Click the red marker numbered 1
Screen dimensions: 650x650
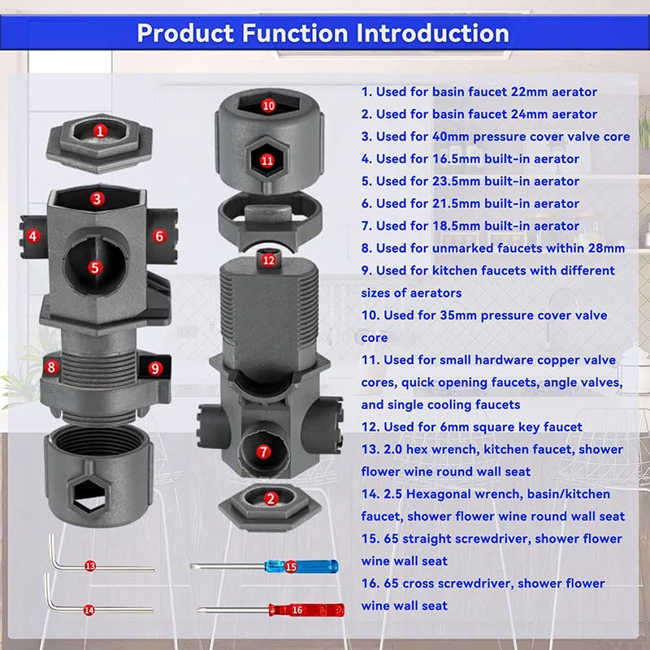(99, 132)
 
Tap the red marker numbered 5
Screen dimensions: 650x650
(95, 268)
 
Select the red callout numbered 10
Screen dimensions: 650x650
(268, 106)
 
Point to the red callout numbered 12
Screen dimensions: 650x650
(269, 260)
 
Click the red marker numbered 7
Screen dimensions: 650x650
(263, 452)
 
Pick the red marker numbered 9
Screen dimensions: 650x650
(155, 368)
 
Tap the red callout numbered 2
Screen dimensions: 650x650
(271, 499)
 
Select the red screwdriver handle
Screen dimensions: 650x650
(307, 610)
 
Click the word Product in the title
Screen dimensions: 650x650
(186, 33)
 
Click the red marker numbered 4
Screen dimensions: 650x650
(33, 236)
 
